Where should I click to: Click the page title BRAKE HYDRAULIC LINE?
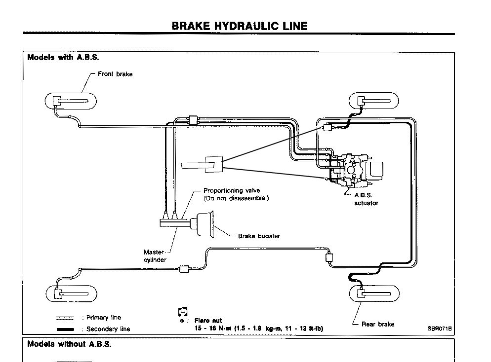point(239,26)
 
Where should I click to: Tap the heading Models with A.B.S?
point(63,57)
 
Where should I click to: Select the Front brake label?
point(115,74)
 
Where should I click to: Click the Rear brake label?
point(378,324)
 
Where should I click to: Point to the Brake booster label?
point(259,236)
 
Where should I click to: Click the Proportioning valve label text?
point(232,190)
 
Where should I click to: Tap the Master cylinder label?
point(155,256)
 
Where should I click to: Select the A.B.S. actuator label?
point(366,199)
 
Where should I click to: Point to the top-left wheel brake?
point(70,102)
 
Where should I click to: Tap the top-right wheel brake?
point(374,102)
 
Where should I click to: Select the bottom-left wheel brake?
point(70,294)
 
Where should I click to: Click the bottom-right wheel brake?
point(374,294)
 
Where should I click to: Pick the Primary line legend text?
point(103,318)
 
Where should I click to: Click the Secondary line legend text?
point(108,329)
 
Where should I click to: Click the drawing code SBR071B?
point(440,328)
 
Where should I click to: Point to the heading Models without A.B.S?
point(69,344)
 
